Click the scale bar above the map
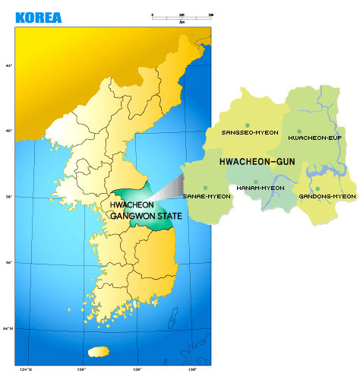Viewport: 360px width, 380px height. (182, 16)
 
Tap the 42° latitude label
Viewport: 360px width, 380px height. (9, 65)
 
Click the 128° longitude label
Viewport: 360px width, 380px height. (137, 369)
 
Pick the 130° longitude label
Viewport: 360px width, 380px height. (192, 369)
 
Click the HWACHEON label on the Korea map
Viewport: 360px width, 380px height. (132, 205)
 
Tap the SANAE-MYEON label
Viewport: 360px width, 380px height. (207, 196)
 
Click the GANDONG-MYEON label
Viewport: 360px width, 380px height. (327, 196)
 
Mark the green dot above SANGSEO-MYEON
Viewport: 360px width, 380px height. (248, 125)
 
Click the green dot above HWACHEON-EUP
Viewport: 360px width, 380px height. (299, 131)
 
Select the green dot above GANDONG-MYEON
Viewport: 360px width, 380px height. (318, 188)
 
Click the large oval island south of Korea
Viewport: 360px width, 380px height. (98, 351)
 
